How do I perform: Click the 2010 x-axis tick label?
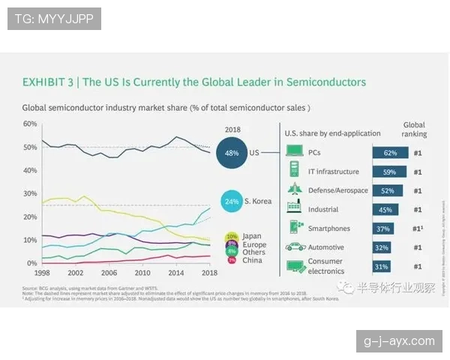click(142, 273)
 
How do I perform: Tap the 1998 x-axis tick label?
click(43, 273)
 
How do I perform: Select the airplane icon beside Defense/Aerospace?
click(294, 190)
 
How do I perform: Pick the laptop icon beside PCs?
click(294, 152)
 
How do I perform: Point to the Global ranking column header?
click(415, 130)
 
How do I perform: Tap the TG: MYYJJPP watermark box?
click(54, 19)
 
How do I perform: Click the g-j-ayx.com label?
click(399, 341)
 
